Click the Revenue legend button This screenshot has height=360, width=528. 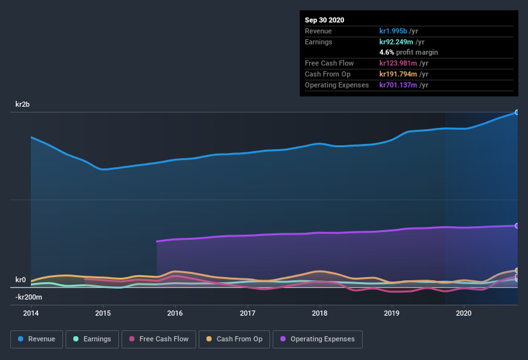[x=37, y=339]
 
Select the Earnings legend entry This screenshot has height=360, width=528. [x=92, y=339]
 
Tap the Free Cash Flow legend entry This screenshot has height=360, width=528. [x=158, y=339]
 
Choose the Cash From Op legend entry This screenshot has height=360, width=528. [x=234, y=339]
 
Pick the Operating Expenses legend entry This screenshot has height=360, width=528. [x=317, y=339]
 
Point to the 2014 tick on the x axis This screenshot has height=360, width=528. [x=30, y=313]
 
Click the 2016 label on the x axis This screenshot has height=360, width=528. [x=175, y=313]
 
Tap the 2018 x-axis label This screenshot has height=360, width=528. [x=320, y=313]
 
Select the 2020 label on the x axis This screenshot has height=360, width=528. [x=464, y=313]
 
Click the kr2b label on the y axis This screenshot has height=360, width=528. [x=24, y=104]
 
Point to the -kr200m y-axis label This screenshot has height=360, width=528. [x=29, y=297]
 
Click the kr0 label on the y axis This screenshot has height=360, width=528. [x=21, y=280]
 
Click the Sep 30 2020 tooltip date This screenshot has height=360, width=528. [x=324, y=20]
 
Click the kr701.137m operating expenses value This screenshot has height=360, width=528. [x=404, y=85]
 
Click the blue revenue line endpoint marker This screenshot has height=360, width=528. [x=516, y=113]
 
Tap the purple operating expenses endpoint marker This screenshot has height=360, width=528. [x=516, y=226]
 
